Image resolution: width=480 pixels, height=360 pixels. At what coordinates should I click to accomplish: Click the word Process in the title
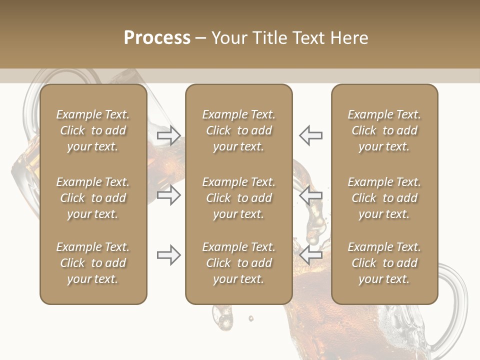tap(157, 38)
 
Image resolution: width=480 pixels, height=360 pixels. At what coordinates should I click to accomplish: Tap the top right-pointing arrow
tap(169, 135)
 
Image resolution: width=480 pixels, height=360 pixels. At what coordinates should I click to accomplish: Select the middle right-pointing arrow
tap(169, 195)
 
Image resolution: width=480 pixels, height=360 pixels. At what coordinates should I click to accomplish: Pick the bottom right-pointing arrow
tap(169, 255)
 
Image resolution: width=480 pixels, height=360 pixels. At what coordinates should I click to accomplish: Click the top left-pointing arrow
tap(310, 135)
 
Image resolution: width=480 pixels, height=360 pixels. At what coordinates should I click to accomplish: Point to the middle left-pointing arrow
tap(310, 195)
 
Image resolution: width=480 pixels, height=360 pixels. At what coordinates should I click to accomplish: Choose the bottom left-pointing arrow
tap(310, 255)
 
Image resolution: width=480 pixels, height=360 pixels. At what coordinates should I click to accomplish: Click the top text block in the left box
tap(93, 130)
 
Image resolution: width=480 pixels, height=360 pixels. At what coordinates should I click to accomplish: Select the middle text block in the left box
tap(93, 198)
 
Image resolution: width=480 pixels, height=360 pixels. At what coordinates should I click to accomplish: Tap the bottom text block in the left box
tap(93, 263)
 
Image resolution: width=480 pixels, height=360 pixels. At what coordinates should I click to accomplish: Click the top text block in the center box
tap(239, 130)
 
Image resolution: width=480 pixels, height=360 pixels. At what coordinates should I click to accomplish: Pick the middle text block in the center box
tap(239, 198)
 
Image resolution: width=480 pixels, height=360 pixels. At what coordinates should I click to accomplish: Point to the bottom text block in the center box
tap(239, 263)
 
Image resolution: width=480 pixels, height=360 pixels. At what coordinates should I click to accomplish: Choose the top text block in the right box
tap(384, 130)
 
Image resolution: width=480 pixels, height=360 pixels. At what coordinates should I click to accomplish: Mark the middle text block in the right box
tap(384, 198)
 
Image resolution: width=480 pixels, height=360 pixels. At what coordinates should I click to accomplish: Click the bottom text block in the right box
tap(384, 263)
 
